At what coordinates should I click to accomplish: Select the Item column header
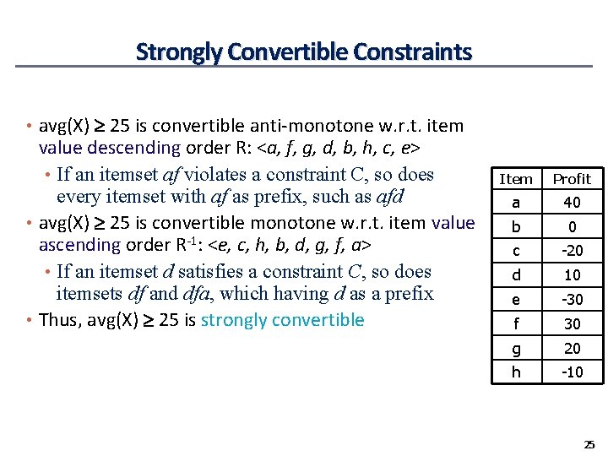tap(516, 179)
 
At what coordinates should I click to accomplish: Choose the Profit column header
tap(572, 179)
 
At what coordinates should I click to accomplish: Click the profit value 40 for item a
tap(572, 203)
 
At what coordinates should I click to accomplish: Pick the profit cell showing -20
tap(572, 251)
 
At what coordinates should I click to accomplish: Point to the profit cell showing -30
tap(572, 300)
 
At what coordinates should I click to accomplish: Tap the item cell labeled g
tap(516, 349)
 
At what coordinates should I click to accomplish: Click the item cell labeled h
tap(516, 372)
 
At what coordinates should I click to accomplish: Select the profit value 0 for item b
tap(572, 227)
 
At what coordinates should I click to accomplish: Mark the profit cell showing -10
tap(572, 372)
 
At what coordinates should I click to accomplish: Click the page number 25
tap(589, 444)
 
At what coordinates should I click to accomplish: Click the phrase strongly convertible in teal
tap(283, 320)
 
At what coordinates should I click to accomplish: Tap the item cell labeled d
tap(516, 275)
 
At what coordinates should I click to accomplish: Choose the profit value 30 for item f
tap(572, 324)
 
